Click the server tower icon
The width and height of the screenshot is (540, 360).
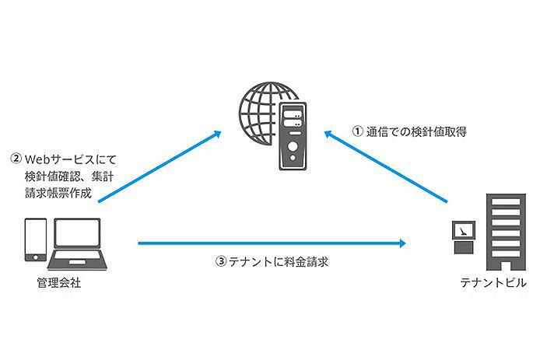(x=291, y=136)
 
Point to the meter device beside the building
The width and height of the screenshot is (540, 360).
(x=463, y=236)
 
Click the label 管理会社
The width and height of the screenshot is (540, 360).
(x=60, y=281)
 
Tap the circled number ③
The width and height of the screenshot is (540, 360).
(x=220, y=263)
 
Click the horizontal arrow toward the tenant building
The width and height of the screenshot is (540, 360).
(x=272, y=244)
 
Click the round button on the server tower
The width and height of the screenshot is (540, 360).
(x=293, y=146)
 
